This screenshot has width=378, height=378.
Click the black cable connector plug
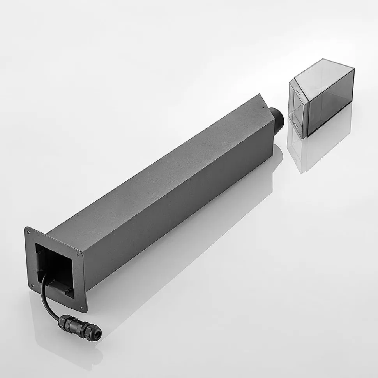tap(80, 324)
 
